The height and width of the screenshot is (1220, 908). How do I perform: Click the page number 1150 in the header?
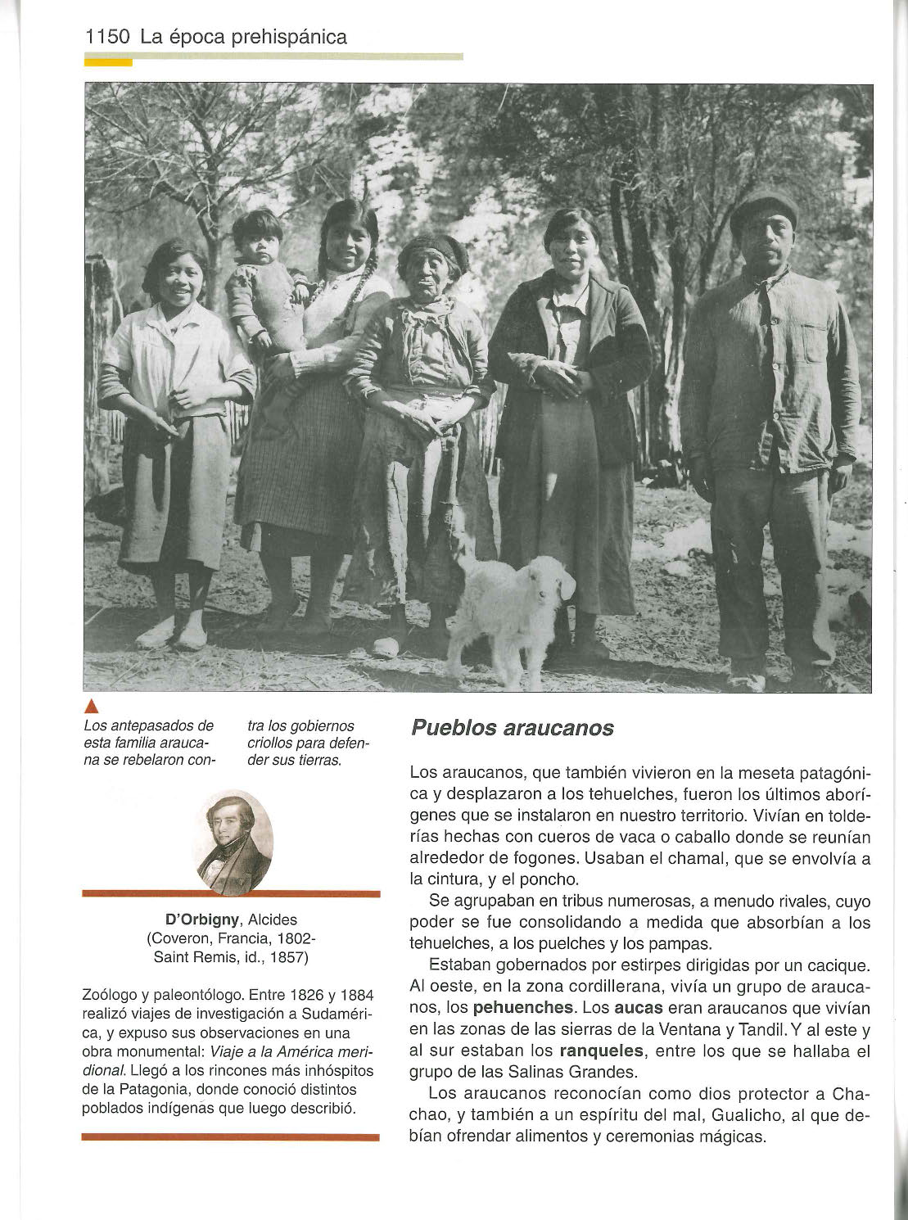coord(107,38)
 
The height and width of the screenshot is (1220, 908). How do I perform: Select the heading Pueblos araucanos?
coord(512,728)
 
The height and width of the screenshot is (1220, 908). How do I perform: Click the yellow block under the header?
coord(108,61)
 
